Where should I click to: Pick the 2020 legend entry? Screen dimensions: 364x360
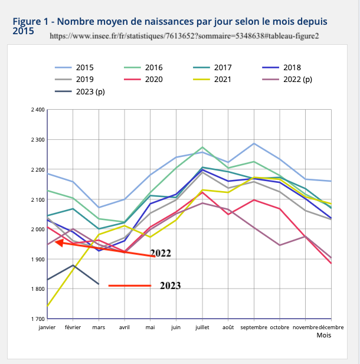[x=153, y=79]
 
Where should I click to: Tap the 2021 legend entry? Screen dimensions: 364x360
[x=222, y=79]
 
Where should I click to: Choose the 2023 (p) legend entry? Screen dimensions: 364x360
[x=90, y=91]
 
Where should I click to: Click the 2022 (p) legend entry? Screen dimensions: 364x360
[x=297, y=79]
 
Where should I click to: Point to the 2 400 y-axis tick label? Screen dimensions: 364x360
[x=37, y=110]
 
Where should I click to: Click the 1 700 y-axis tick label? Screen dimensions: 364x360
[x=37, y=319]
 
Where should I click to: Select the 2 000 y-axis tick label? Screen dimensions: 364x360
[x=37, y=229]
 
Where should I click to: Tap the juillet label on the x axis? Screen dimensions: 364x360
[x=202, y=327]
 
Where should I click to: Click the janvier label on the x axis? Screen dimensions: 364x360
[x=47, y=327]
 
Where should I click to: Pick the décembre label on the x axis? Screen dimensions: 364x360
[x=331, y=327]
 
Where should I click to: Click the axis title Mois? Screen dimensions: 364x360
[x=324, y=335]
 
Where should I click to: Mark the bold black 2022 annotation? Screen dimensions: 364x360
[x=160, y=254]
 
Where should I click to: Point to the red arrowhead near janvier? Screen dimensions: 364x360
[x=60, y=242]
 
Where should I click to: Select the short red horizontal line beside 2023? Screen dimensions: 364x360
[x=130, y=286]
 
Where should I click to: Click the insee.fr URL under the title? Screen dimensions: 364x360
[x=185, y=35]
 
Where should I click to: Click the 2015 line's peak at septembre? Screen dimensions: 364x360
[x=254, y=143]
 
